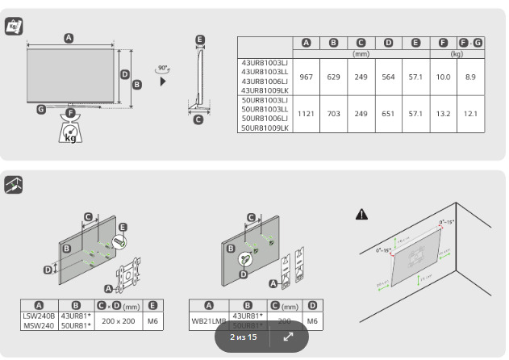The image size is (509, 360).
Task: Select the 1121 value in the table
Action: pyautogui.click(x=306, y=114)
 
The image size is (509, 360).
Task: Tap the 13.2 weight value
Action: pyautogui.click(x=443, y=114)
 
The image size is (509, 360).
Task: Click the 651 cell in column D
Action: pyautogui.click(x=388, y=114)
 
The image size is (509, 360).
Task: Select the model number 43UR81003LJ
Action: pyautogui.click(x=265, y=62)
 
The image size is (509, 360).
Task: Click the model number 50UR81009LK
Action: pyautogui.click(x=265, y=128)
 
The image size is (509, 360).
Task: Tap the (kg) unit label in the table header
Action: pyautogui.click(x=457, y=53)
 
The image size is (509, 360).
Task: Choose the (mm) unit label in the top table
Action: pyautogui.click(x=361, y=53)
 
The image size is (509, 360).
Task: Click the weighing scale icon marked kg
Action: pyautogui.click(x=71, y=131)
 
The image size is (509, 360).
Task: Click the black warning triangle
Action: pyautogui.click(x=362, y=214)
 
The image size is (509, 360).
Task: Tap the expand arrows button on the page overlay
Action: pyautogui.click(x=288, y=337)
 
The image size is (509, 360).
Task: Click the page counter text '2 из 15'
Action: pyautogui.click(x=243, y=337)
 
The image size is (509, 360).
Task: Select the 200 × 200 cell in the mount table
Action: pyautogui.click(x=119, y=320)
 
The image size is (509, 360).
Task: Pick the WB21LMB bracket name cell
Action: pyautogui.click(x=207, y=320)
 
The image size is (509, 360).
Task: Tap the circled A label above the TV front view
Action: pyautogui.click(x=69, y=38)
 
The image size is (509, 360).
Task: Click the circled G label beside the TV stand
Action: pyautogui.click(x=41, y=110)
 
